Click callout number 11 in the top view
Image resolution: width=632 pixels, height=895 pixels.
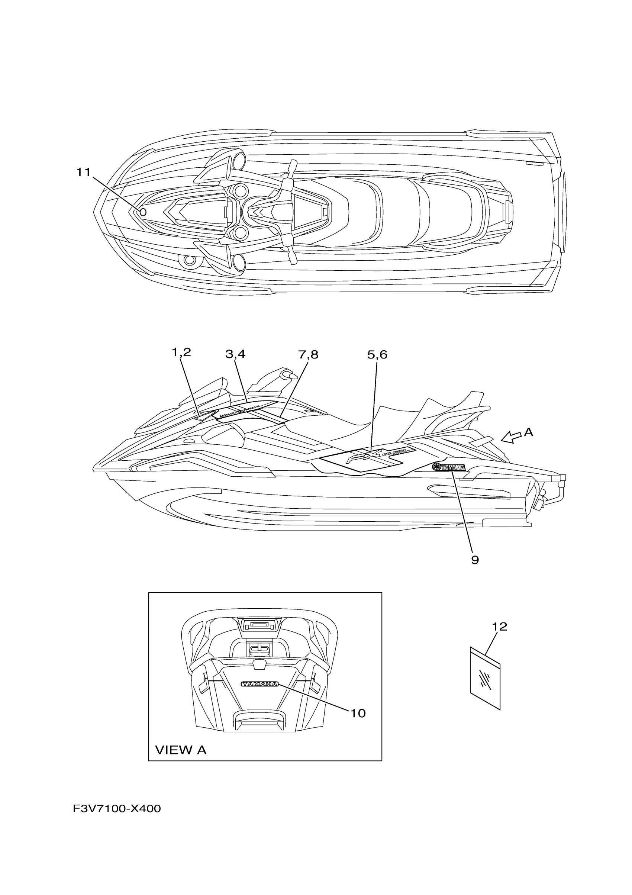click(x=83, y=172)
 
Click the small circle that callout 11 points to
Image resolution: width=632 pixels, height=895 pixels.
click(x=143, y=212)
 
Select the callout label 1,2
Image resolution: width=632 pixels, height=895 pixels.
click(x=181, y=352)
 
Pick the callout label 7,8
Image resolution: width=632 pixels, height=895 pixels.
click(x=308, y=354)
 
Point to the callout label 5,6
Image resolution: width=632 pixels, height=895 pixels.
click(x=377, y=354)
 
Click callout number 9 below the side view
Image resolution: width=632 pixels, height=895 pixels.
click(x=475, y=560)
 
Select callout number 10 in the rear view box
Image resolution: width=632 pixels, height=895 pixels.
click(x=358, y=713)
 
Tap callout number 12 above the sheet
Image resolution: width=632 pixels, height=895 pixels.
click(x=500, y=627)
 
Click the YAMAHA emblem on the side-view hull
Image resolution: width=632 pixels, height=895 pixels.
click(x=448, y=467)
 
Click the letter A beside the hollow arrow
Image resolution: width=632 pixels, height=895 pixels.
click(x=528, y=432)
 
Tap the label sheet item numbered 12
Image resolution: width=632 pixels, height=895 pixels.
click(x=485, y=678)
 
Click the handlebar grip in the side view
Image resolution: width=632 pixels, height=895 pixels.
click(x=290, y=375)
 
